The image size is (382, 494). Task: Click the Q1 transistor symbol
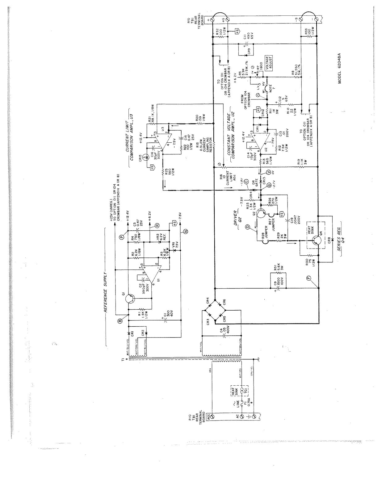click(130, 298)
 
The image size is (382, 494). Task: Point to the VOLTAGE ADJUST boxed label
click(268, 61)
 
